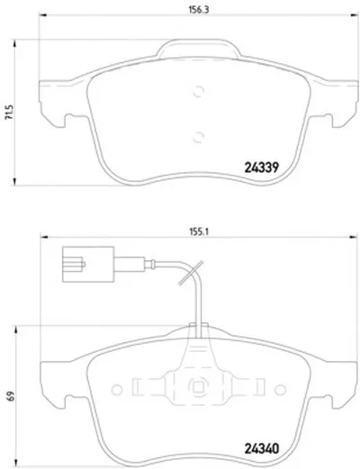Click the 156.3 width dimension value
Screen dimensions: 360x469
point(198,9)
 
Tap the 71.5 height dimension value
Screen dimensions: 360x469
point(9,113)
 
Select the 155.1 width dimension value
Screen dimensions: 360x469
point(199,231)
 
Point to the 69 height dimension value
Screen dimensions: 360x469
point(11,396)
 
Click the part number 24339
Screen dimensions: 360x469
point(262,167)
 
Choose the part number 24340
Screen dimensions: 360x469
point(262,448)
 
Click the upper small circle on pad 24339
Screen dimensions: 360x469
point(198,91)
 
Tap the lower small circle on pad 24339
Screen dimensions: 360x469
point(198,137)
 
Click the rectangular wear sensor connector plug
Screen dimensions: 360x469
point(88,265)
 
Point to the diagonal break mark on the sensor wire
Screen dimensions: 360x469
point(191,273)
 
